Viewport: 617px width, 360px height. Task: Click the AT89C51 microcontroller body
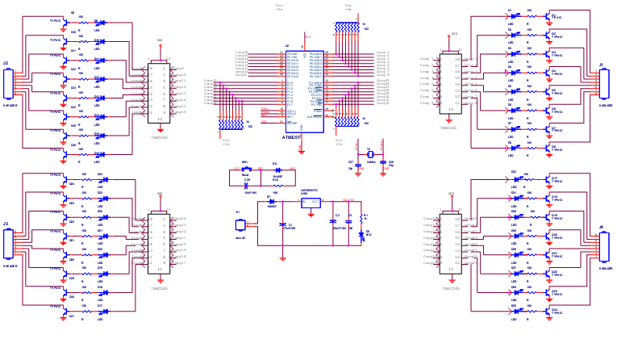click(304, 89)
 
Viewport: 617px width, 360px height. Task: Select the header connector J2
click(8, 83)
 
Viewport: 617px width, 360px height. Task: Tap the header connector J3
click(8, 243)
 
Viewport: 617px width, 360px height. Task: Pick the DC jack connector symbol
click(240, 224)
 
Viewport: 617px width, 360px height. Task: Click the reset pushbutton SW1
click(245, 169)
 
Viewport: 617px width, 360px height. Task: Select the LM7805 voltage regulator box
click(311, 202)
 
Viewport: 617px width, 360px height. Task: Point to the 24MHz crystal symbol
click(369, 154)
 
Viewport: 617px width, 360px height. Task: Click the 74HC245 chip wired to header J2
click(159, 91)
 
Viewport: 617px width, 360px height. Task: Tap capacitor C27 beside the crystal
click(355, 163)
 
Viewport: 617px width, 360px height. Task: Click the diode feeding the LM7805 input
click(272, 201)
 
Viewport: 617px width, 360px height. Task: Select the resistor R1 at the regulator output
click(361, 216)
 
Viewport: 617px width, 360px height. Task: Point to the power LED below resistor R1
click(361, 233)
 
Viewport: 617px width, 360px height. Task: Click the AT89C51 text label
click(291, 137)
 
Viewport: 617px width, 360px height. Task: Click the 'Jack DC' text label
click(240, 238)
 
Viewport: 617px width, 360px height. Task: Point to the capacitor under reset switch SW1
click(246, 185)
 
